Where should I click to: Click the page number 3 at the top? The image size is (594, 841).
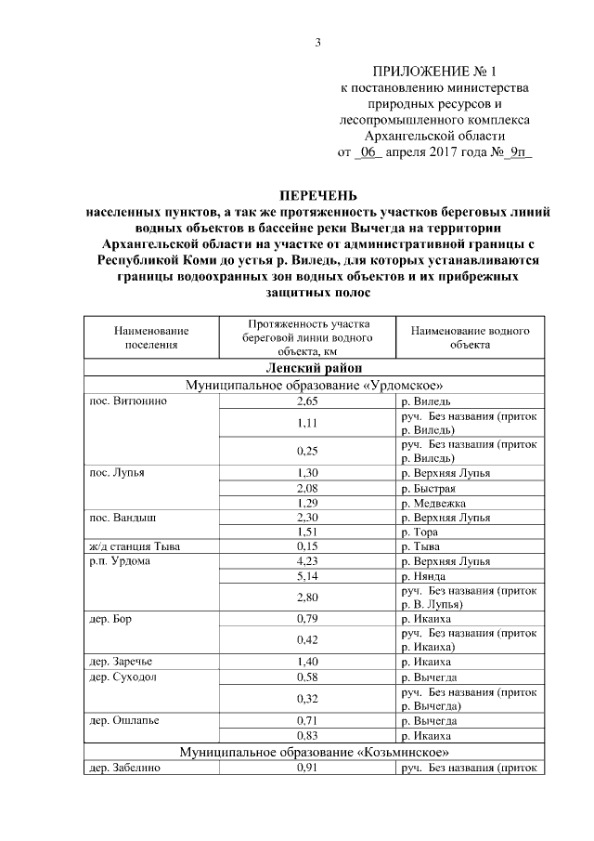pos(317,43)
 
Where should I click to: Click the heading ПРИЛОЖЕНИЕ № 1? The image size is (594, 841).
pos(434,72)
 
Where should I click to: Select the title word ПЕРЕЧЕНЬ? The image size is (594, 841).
pos(317,195)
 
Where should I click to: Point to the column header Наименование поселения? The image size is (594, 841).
pos(150,337)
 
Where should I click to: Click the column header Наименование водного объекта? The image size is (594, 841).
pos(470,337)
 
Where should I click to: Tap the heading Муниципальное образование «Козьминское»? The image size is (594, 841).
pos(317,751)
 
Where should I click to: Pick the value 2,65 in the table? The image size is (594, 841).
pos(307,401)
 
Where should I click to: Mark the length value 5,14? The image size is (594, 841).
pos(307,575)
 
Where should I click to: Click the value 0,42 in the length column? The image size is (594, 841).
pos(307,639)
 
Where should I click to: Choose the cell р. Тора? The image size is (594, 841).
pos(420,532)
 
